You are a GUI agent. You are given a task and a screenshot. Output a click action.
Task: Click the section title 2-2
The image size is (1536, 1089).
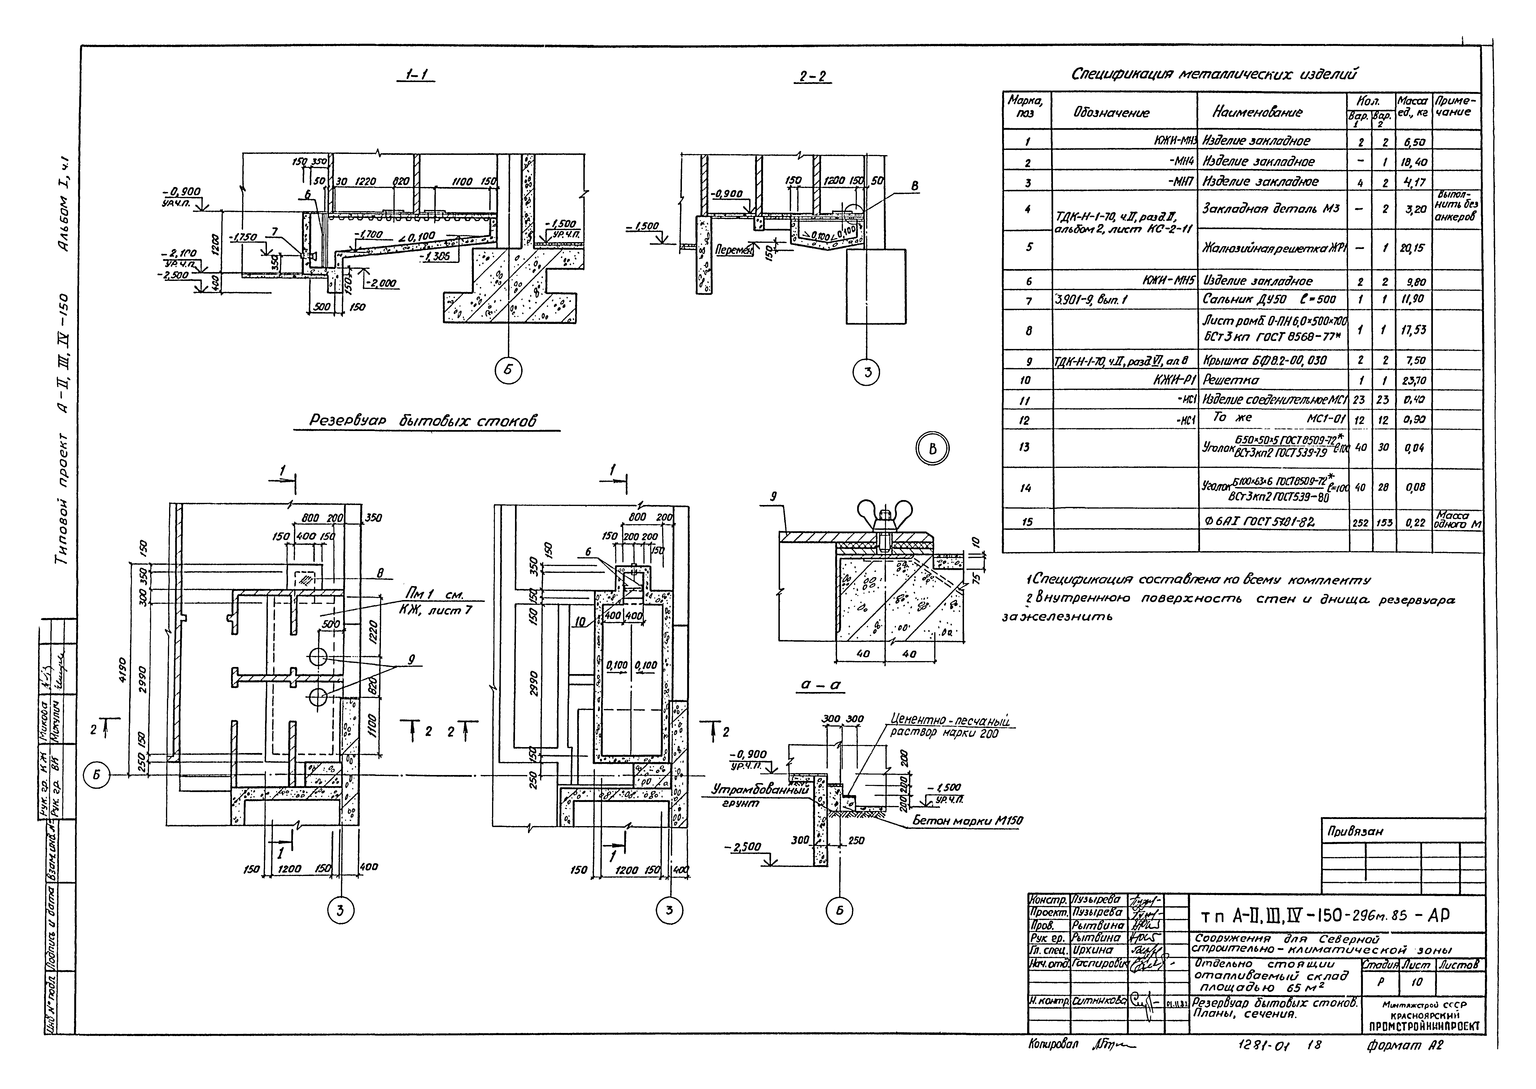(813, 77)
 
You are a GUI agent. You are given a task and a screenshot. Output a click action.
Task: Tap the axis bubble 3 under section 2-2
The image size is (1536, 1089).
(867, 372)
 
